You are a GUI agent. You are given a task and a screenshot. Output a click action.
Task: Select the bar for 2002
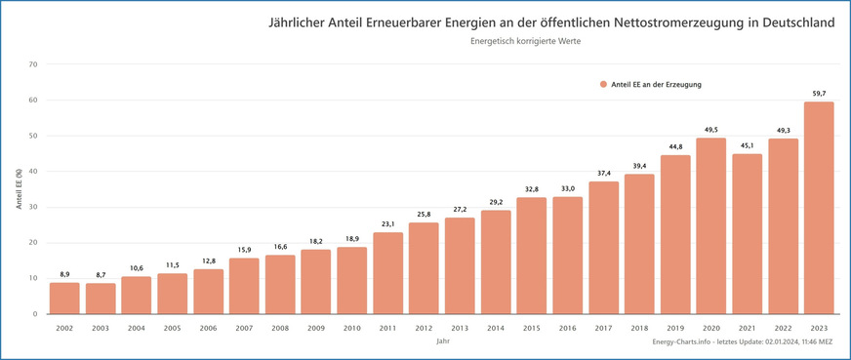coord(63,298)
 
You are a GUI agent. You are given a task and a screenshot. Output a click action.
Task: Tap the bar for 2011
coord(387,272)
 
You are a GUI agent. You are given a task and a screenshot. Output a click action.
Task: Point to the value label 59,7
coord(820,94)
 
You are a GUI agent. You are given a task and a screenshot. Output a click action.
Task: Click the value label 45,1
coord(748,146)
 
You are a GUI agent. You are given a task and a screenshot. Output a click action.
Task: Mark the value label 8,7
coord(100,276)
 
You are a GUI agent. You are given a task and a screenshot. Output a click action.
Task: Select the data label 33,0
coord(568,189)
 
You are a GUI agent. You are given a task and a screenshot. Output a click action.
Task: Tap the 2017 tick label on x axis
coord(604,329)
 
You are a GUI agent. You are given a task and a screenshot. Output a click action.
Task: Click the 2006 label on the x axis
coord(208,329)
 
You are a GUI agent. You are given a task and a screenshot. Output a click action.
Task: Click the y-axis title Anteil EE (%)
coord(19,188)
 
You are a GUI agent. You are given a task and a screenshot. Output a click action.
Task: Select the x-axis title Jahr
coord(441,342)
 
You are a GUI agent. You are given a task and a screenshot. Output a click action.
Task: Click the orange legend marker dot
coord(603,84)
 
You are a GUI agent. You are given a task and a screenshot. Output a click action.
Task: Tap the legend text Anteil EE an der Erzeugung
coord(656,84)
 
